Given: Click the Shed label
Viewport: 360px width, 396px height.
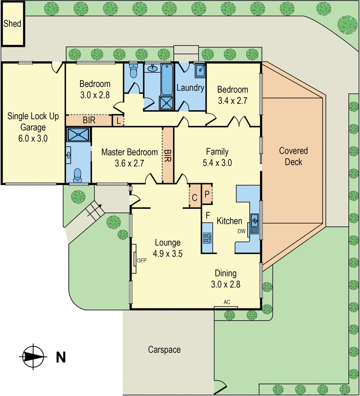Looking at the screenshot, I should click(12, 23).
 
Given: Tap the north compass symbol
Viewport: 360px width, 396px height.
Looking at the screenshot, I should click(33, 355).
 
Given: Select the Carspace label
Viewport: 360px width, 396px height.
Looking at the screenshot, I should click(164, 349).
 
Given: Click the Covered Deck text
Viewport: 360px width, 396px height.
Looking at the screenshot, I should click(293, 156).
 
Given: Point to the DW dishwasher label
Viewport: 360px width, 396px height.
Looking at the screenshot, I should click(242, 231).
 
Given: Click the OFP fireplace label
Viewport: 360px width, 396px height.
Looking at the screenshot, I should click(142, 260).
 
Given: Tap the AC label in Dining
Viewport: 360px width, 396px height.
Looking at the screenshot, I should click(227, 302).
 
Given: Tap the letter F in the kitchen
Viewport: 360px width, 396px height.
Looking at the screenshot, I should click(208, 215).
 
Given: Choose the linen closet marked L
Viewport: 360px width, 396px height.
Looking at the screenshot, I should click(118, 120).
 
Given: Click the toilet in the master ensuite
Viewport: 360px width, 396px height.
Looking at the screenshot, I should click(77, 174).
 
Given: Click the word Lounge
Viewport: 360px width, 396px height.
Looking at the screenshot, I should click(168, 243).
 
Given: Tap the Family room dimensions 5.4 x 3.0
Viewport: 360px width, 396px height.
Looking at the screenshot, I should click(217, 162).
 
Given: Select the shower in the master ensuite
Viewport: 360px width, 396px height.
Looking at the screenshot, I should click(79, 135).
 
